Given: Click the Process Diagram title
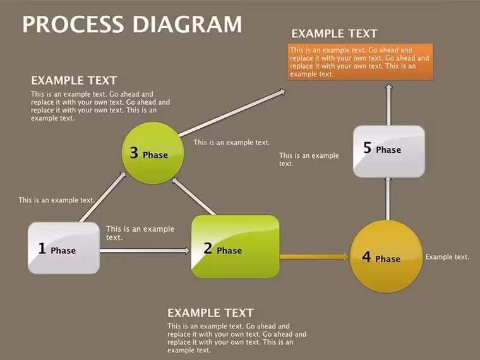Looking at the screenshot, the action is click(132, 24).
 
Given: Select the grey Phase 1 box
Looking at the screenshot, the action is click(64, 248).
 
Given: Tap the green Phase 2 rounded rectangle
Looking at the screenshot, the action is click(236, 246).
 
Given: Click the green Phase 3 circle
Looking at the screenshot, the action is click(153, 153).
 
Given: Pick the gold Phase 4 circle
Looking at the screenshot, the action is click(387, 256).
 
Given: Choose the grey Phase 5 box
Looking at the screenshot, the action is click(389, 151).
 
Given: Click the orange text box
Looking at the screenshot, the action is click(360, 61).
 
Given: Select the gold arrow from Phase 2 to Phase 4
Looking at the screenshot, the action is click(314, 257).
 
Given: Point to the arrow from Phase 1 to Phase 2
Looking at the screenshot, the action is click(145, 251).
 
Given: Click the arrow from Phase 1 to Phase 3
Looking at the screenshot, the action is click(103, 197).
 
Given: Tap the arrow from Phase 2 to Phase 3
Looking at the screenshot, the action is click(194, 196).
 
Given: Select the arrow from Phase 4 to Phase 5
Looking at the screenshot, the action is click(388, 198).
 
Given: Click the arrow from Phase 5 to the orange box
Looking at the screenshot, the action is click(389, 105).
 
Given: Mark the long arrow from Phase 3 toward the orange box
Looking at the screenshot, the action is click(232, 112).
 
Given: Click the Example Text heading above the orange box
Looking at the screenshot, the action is click(334, 33).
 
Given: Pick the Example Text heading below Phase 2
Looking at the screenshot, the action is click(210, 313).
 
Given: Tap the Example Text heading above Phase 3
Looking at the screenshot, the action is click(74, 80).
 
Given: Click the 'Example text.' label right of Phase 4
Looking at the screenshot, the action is click(447, 257).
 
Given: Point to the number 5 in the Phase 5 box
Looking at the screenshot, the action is click(368, 147).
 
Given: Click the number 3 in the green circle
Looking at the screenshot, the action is click(134, 152).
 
